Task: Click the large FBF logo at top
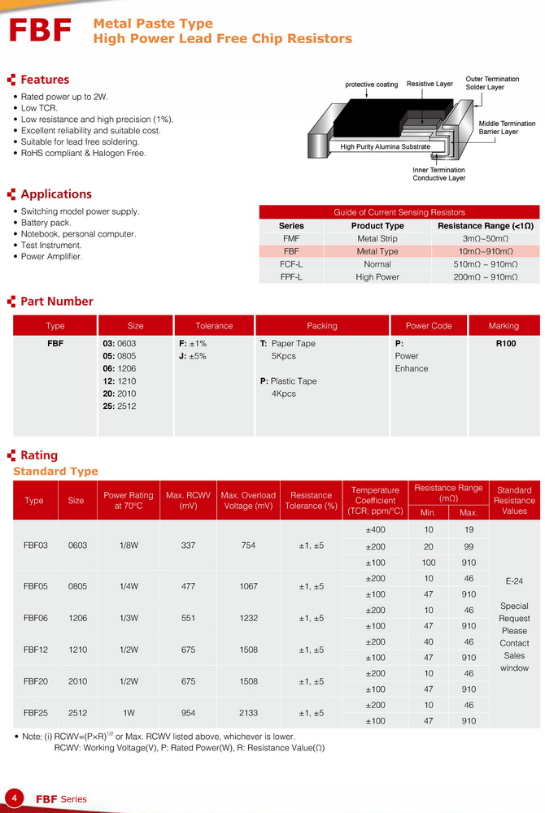pos(41,31)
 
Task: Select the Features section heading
pos(45,80)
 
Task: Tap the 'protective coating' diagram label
pos(372,85)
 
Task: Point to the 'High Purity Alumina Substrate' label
pos(385,146)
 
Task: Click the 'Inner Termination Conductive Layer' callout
pos(438,174)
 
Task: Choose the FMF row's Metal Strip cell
pos(377,239)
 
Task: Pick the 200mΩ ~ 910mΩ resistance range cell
pos(486,277)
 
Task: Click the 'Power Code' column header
pos(429,326)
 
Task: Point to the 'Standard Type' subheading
pos(55,472)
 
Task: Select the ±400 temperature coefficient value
pos(375,530)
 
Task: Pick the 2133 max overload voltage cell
pos(248,713)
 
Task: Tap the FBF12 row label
pos(34,650)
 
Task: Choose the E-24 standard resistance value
pos(514,581)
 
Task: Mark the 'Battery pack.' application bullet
pos(46,223)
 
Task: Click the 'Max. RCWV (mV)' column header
pos(188,500)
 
